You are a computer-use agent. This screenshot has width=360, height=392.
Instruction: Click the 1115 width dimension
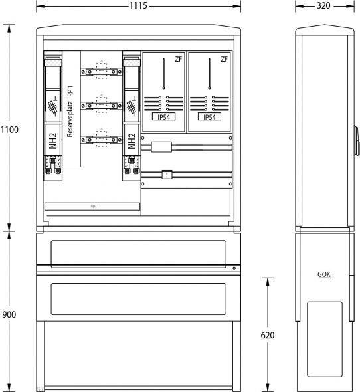click(x=138, y=5)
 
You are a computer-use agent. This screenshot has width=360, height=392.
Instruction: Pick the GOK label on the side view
click(x=325, y=274)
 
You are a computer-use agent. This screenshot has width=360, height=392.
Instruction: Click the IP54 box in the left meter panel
click(x=163, y=117)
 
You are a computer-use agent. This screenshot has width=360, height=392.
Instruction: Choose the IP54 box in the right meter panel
click(x=209, y=117)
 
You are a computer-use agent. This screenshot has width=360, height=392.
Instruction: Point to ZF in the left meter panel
click(x=177, y=60)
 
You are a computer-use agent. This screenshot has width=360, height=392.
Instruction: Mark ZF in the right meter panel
click(x=224, y=60)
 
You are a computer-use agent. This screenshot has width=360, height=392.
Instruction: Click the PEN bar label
click(x=93, y=207)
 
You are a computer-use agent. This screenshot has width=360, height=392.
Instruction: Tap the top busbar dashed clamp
click(x=102, y=68)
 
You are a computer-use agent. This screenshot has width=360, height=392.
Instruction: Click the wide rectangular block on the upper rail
click(x=161, y=146)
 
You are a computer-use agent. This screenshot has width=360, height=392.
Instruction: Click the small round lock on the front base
click(x=234, y=268)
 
